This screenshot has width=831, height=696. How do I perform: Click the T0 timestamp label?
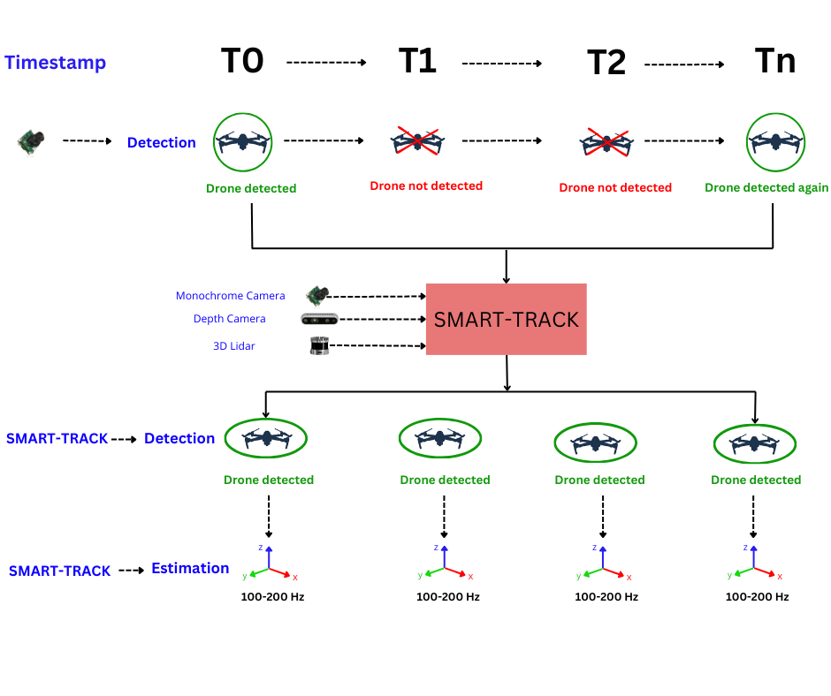tap(242, 60)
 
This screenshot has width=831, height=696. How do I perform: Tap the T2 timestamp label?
tap(606, 63)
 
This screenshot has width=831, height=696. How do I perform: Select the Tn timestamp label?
tap(775, 60)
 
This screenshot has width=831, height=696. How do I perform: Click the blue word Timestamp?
tap(55, 63)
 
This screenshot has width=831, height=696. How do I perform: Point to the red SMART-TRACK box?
tap(507, 320)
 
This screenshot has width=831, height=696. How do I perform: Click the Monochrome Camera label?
tap(231, 296)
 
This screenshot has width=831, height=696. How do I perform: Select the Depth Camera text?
tap(230, 319)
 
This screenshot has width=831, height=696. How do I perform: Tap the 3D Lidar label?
tap(233, 346)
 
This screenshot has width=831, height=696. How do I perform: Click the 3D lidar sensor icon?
tap(319, 345)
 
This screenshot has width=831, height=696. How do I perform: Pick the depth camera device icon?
tap(319, 320)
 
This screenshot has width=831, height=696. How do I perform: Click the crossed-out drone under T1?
tap(417, 141)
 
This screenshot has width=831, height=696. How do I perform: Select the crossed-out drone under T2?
tap(606, 142)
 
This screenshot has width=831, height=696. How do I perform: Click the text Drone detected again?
tap(766, 187)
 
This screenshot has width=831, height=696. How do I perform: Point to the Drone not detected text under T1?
tap(426, 185)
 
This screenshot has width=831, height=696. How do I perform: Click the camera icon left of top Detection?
tap(31, 141)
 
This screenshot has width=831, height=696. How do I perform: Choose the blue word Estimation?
tap(190, 568)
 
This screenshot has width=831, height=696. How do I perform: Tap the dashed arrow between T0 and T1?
tap(326, 63)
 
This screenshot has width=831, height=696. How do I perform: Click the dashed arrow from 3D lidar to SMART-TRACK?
tap(377, 346)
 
